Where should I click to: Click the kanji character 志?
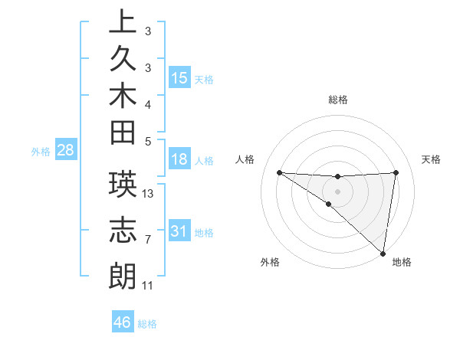(123, 232)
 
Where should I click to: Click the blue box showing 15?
(179, 78)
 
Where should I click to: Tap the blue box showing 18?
(179, 160)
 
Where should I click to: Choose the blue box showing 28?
(65, 150)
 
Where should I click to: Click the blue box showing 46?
(123, 322)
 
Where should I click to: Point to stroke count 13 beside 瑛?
(148, 194)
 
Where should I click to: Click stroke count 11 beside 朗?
(148, 286)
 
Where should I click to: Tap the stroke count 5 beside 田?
(148, 140)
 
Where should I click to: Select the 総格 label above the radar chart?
(337, 100)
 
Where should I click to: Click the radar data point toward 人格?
(279, 172)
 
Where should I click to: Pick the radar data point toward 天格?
(396, 172)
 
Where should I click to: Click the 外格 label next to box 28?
(41, 151)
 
